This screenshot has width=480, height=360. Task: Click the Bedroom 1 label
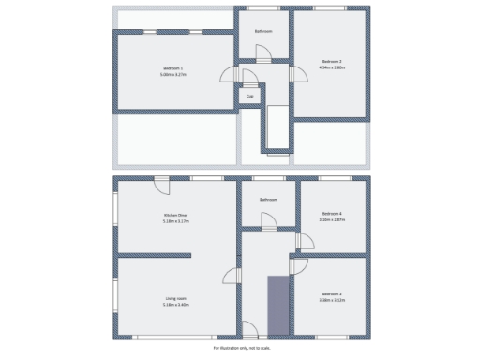click(172, 68)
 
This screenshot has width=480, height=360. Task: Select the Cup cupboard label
click(249, 96)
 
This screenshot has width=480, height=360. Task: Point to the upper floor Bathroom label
click(264, 31)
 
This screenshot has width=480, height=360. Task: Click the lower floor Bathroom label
click(269, 199)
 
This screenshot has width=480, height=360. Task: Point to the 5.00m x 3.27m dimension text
click(172, 75)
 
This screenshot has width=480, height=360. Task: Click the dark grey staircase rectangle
click(278, 305)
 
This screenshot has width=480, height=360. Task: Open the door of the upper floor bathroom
click(265, 52)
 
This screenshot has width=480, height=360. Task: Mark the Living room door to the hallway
click(229, 274)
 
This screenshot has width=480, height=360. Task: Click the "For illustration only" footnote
click(240, 346)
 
